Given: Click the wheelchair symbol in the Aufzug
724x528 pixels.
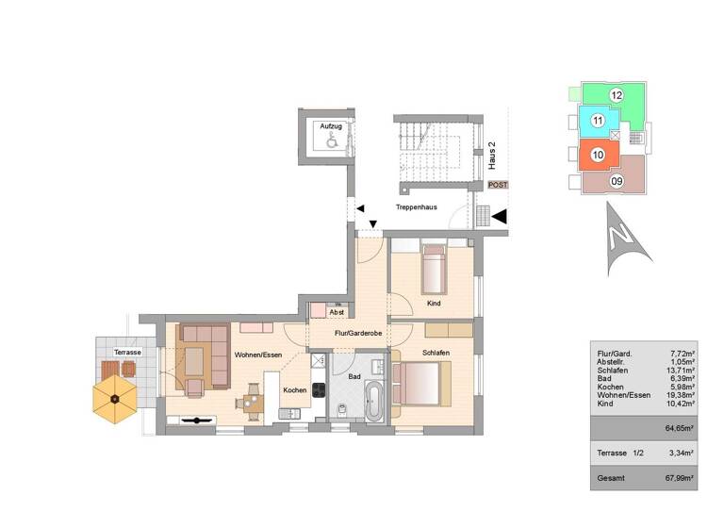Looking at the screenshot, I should pyautogui.click(x=331, y=140).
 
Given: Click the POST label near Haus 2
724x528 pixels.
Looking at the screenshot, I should pyautogui.click(x=498, y=185).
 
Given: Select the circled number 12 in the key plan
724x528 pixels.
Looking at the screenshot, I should pyautogui.click(x=616, y=94).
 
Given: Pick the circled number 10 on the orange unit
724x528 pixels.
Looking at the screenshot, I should pyautogui.click(x=597, y=155).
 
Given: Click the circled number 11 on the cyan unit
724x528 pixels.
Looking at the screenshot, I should pyautogui.click(x=596, y=121).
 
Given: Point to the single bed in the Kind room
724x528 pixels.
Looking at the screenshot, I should pyautogui.click(x=435, y=271).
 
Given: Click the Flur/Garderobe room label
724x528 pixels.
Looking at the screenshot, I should pyautogui.click(x=357, y=333).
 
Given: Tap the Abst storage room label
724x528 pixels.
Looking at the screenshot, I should pyautogui.click(x=336, y=311).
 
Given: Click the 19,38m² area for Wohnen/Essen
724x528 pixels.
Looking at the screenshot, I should pyautogui.click(x=681, y=395).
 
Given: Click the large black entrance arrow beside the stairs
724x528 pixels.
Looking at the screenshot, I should pyautogui.click(x=501, y=216).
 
